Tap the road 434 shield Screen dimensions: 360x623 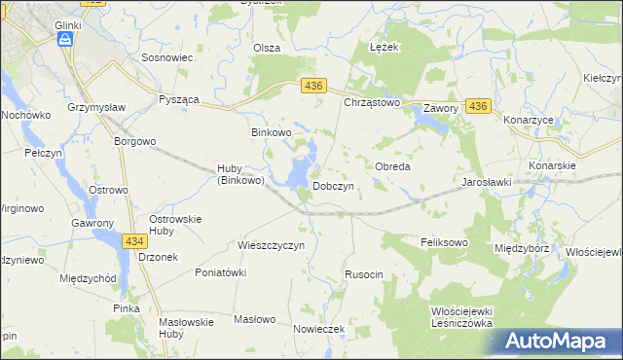135,239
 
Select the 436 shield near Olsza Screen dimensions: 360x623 312,87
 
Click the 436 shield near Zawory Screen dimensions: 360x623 477,105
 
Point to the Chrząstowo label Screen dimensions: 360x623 373,102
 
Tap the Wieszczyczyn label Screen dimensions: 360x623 272,245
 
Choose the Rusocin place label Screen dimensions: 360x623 364,275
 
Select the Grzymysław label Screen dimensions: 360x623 93,107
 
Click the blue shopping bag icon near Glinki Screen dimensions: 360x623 64,39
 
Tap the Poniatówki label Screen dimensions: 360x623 220,272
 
